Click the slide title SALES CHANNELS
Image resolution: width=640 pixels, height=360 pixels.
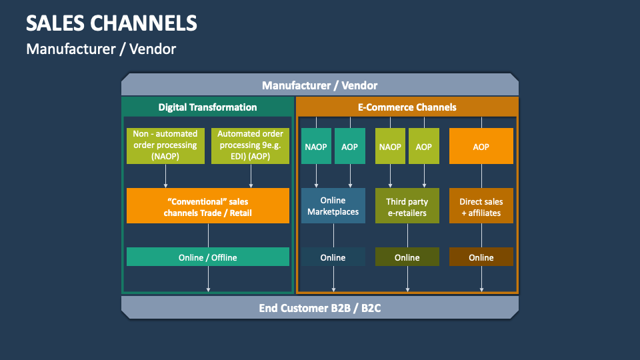111,23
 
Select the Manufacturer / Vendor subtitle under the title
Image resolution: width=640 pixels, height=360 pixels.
101,49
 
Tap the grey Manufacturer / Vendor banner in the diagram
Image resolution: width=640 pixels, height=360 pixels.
319,85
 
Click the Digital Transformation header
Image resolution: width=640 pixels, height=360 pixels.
207,107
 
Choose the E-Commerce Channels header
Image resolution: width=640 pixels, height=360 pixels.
407,107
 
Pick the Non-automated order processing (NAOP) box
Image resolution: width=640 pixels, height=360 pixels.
165,145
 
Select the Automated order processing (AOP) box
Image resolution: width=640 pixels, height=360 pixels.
250,145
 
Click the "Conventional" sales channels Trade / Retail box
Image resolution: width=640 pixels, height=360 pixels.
208,205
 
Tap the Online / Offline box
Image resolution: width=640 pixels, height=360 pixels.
208,257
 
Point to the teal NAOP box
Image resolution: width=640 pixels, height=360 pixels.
316,146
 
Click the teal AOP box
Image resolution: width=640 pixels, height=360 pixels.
350,146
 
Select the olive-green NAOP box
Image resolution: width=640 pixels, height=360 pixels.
390,146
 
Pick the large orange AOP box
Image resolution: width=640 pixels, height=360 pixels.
481,146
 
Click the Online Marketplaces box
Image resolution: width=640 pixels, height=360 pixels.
333,206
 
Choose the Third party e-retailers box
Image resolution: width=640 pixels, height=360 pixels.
407,206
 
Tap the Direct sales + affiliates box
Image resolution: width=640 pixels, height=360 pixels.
481,206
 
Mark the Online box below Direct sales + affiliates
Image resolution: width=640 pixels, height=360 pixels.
481,257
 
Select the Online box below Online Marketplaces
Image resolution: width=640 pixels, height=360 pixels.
333,257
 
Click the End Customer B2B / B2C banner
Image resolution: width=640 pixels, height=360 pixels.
319,308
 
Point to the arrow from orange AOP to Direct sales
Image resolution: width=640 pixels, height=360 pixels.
481,176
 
